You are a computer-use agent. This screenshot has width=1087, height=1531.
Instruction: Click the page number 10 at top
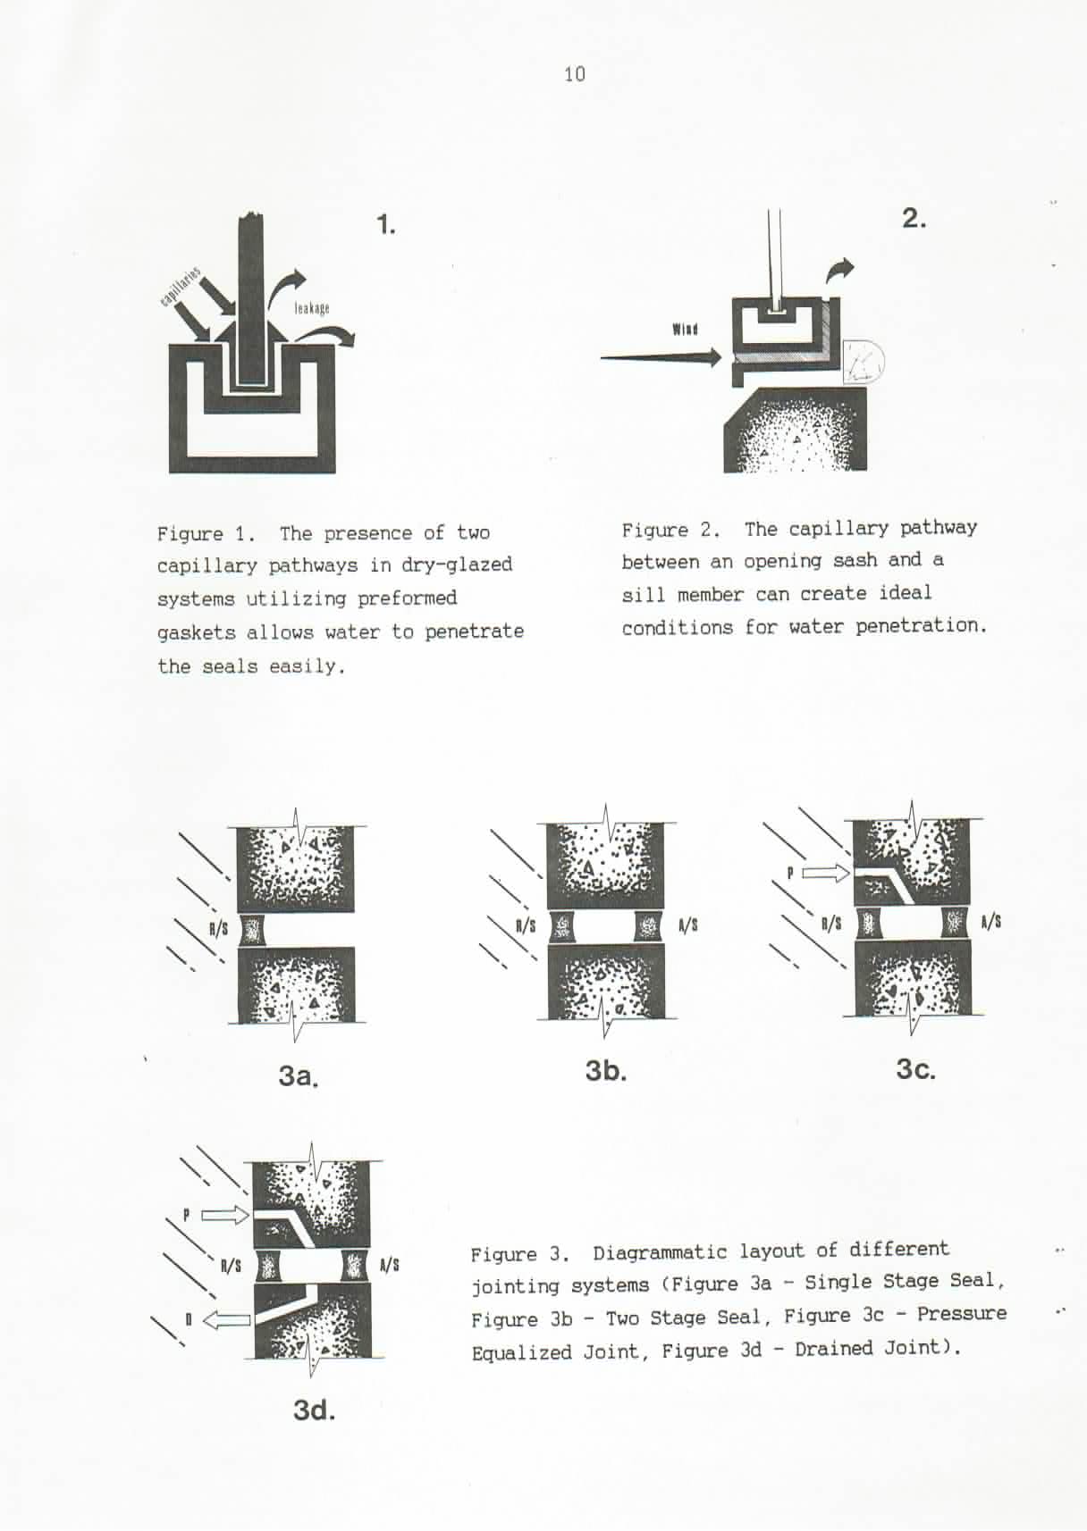[575, 74]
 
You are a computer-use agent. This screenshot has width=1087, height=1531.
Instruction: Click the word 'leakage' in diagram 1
[312, 308]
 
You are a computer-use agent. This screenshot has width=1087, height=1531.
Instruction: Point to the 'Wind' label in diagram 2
[685, 330]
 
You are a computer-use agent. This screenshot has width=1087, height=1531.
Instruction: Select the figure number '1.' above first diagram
[386, 224]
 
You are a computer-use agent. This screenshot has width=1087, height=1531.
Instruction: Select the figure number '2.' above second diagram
[914, 219]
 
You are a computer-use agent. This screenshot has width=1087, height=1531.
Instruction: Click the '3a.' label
[299, 1075]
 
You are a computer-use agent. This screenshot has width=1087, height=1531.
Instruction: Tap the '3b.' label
[606, 1070]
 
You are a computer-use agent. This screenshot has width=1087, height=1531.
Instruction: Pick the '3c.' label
[915, 1069]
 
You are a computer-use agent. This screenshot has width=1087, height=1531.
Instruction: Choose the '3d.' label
[314, 1410]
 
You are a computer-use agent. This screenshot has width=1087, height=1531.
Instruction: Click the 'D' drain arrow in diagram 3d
[227, 1319]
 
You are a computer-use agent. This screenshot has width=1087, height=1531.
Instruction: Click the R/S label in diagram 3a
[218, 929]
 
